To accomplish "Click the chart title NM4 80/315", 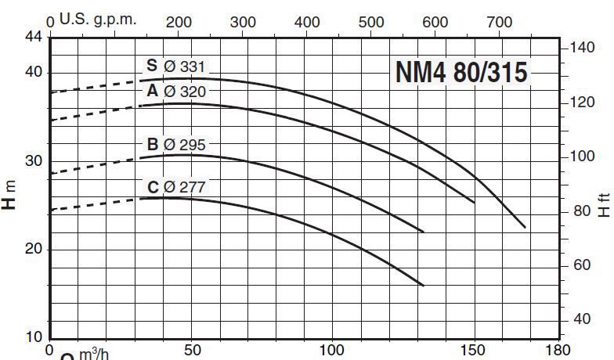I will pyautogui.click(x=461, y=72).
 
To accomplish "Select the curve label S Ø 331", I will pyautogui.click(x=175, y=67).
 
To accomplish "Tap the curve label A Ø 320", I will pyautogui.click(x=175, y=92).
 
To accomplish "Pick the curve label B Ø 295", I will pyautogui.click(x=175, y=145).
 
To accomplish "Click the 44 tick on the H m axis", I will pyautogui.click(x=33, y=37).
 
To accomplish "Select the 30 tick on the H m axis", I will pyautogui.click(x=33, y=161).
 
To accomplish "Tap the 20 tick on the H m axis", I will pyautogui.click(x=33, y=250).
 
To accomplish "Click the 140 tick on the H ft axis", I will pyautogui.click(x=582, y=49).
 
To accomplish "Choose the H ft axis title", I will pyautogui.click(x=603, y=205).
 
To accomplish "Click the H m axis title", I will pyautogui.click(x=9, y=194).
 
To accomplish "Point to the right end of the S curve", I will pyautogui.click(x=525, y=227).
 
